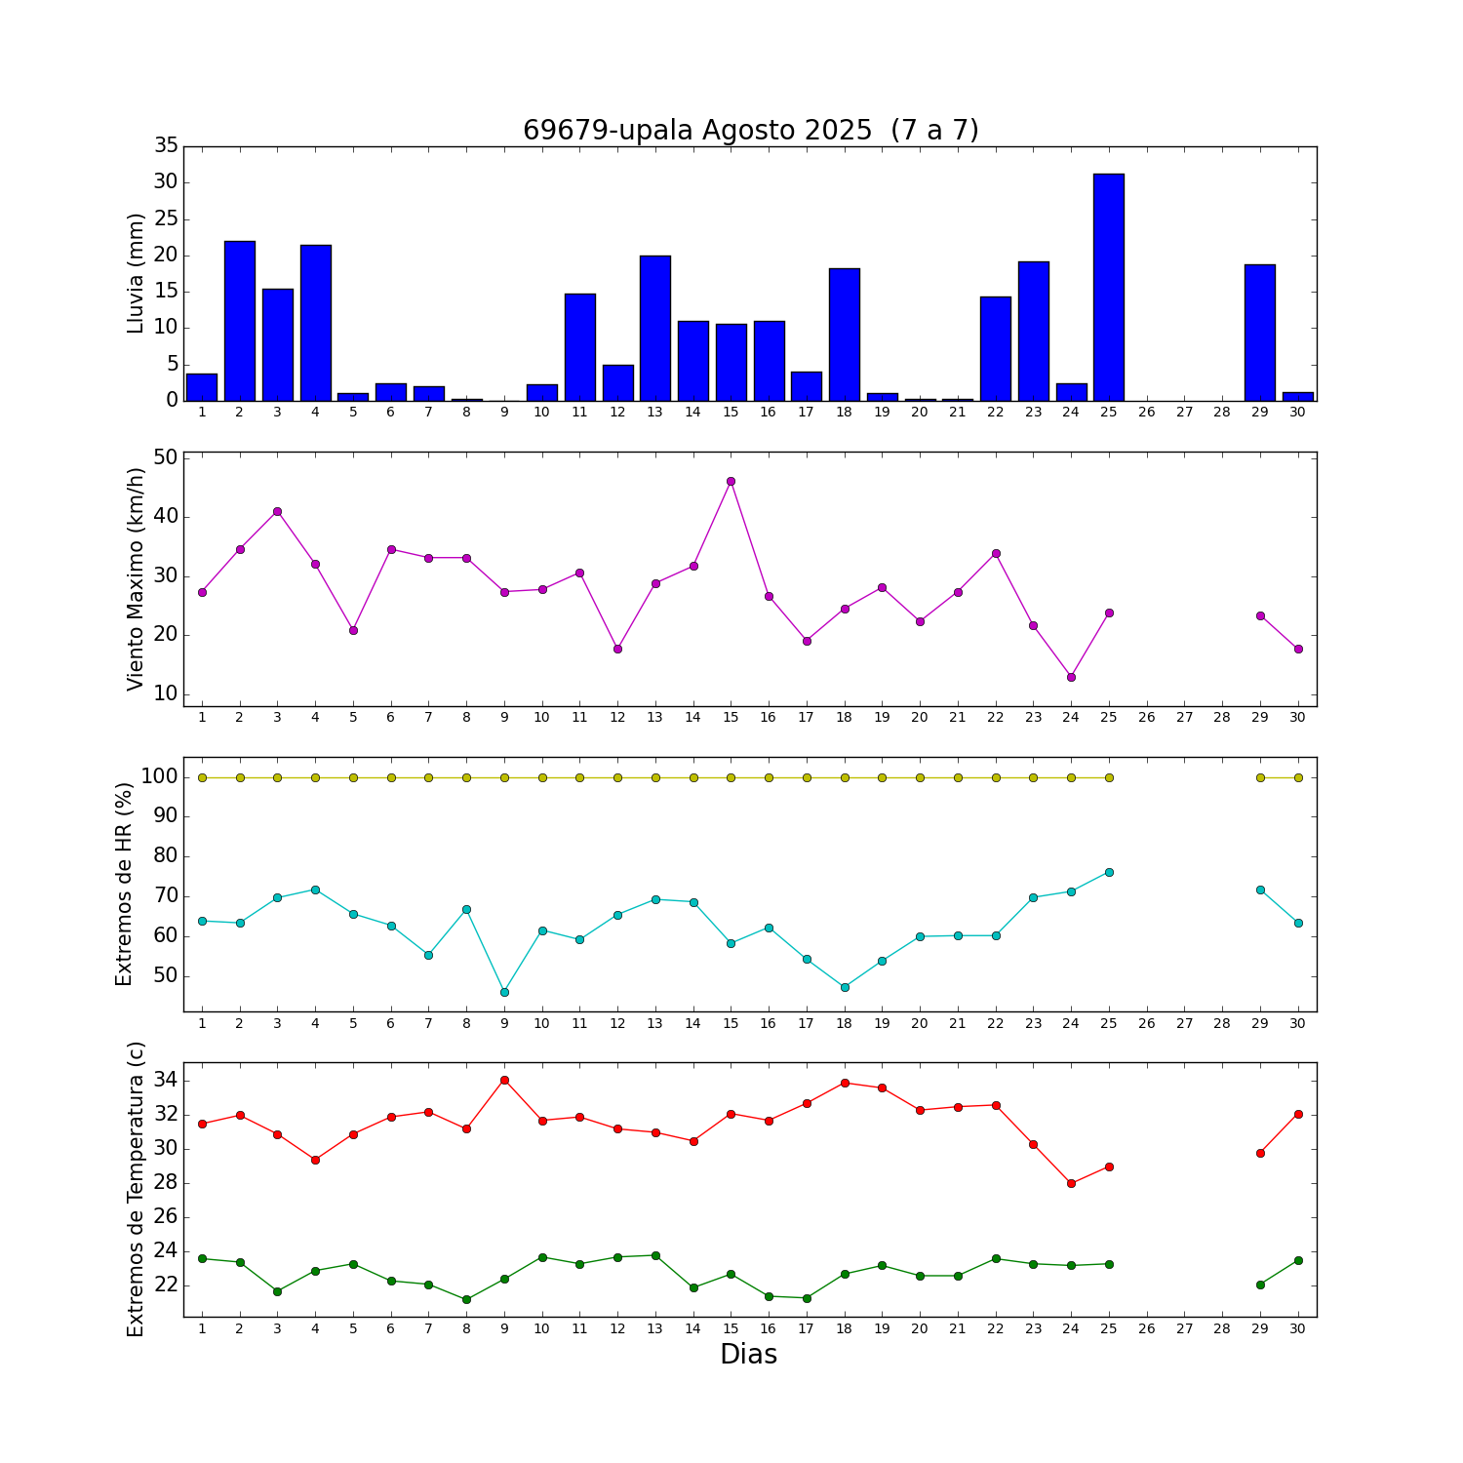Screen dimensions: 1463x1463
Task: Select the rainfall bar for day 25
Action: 1109,288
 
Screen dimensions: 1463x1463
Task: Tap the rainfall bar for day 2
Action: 240,321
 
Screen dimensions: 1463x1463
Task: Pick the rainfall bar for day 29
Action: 1260,333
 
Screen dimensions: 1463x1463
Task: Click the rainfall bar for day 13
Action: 655,328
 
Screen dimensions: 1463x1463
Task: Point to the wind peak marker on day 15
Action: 731,481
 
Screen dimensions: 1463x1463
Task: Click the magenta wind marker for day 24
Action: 1071,677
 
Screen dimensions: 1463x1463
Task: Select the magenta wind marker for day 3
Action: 277,511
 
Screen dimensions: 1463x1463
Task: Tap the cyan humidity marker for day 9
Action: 504,992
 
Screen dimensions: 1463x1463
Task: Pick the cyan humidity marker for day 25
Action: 1109,872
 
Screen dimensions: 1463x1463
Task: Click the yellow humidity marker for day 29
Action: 1260,777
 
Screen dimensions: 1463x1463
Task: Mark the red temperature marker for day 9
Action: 504,1080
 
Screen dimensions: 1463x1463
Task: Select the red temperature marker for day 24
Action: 1071,1183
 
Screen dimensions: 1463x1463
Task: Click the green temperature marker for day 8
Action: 466,1299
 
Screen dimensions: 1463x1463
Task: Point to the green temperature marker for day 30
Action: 1298,1260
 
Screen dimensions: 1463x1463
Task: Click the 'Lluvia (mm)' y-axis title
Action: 136,273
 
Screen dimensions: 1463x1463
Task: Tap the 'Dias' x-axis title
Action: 748,1354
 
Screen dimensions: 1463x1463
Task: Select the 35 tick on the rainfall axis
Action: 166,146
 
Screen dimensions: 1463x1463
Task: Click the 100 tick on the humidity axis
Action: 158,777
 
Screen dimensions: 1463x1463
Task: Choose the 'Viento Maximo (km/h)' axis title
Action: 136,578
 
